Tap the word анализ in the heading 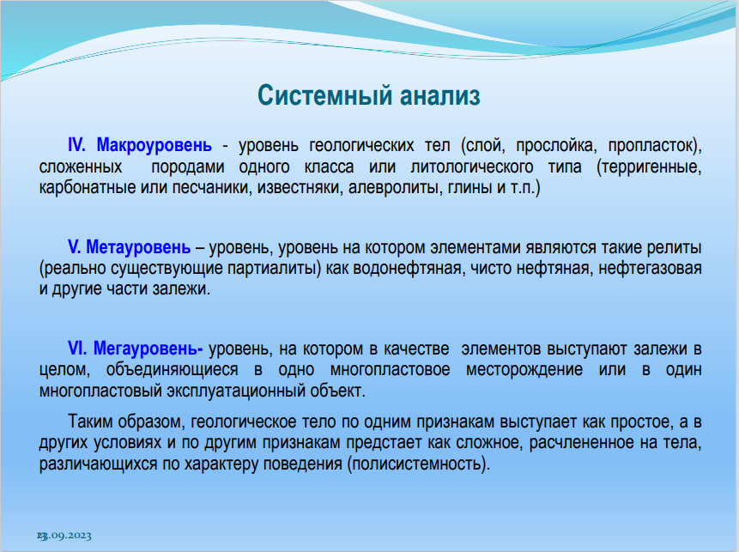tap(440, 94)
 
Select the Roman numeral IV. tap(77, 145)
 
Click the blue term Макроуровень tap(154, 146)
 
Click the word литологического tap(472, 167)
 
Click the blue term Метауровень tap(138, 247)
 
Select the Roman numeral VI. tap(77, 349)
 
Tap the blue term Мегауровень tap(148, 349)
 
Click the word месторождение tap(524, 369)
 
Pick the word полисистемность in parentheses tap(416, 464)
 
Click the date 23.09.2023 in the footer tap(64, 536)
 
